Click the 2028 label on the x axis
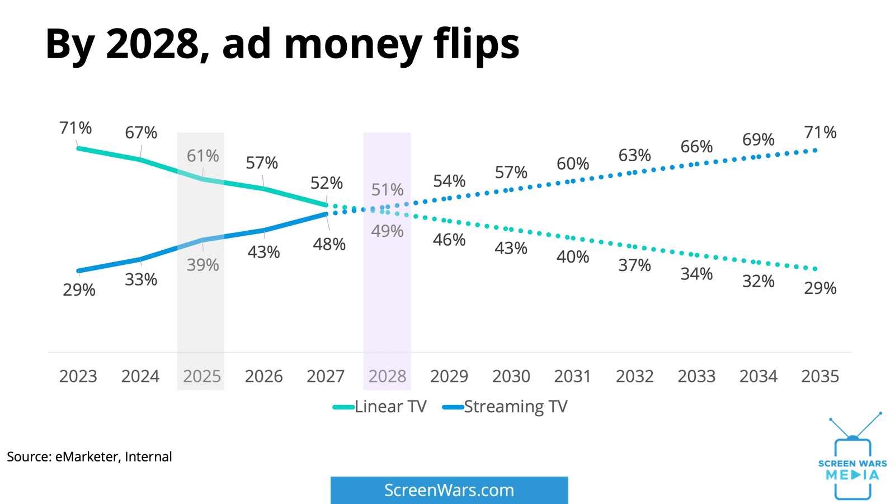pyautogui.click(x=387, y=376)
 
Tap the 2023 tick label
pyautogui.click(x=78, y=376)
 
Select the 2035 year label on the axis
pyautogui.click(x=820, y=376)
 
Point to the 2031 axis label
pyautogui.click(x=572, y=376)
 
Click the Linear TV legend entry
pyautogui.click(x=380, y=407)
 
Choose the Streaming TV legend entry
pyautogui.click(x=505, y=407)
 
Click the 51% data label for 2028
pyautogui.click(x=387, y=190)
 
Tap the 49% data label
pyautogui.click(x=387, y=231)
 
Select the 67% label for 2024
pyautogui.click(x=141, y=132)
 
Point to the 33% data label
pyautogui.click(x=141, y=279)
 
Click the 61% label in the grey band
pyautogui.click(x=203, y=156)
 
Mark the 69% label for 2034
pyautogui.click(x=759, y=139)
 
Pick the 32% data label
pyautogui.click(x=759, y=281)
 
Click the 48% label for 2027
pyautogui.click(x=329, y=244)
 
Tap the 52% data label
pyautogui.click(x=327, y=183)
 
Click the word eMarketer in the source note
pyautogui.click(x=87, y=457)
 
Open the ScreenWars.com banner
pyautogui.click(x=449, y=490)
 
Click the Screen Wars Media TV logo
pyautogui.click(x=852, y=456)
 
